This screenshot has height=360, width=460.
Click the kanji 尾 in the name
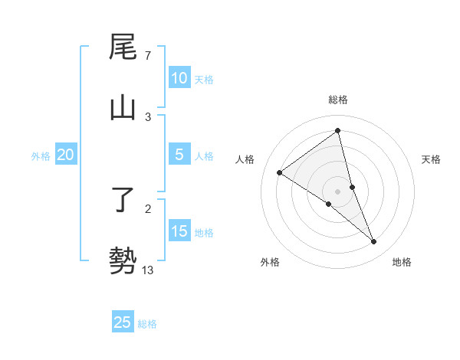coord(123,48)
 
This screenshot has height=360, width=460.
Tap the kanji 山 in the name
coord(123,108)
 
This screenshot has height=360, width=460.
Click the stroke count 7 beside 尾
coord(147,56)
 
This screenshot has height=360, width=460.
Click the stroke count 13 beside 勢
coord(148,270)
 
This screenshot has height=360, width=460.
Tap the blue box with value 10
coord(179,78)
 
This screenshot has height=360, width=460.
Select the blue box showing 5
coord(179,155)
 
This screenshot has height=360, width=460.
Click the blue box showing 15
coord(179,231)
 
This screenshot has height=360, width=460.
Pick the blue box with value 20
coord(65,155)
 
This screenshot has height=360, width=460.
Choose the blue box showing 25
coord(123,322)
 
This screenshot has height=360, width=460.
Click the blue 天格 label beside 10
coord(204,79)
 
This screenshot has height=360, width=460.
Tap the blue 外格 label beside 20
coord(41,156)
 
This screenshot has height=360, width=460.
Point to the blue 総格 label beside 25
coord(147,324)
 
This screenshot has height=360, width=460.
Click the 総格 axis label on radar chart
coord(338,100)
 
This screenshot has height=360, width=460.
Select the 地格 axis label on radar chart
coord(402,262)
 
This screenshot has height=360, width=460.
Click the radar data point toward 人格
coord(279,172)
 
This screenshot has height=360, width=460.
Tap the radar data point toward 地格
coord(374,242)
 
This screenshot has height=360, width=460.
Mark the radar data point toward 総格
coord(338,131)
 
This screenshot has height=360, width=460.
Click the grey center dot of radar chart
coord(338,191)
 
